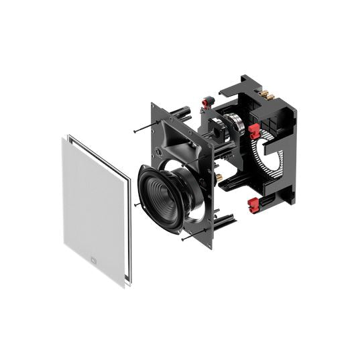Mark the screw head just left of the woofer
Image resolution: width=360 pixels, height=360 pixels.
click(136, 204)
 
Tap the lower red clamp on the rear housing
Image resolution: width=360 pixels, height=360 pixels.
click(253, 204)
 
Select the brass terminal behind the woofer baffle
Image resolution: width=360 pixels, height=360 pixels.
click(217, 176)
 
